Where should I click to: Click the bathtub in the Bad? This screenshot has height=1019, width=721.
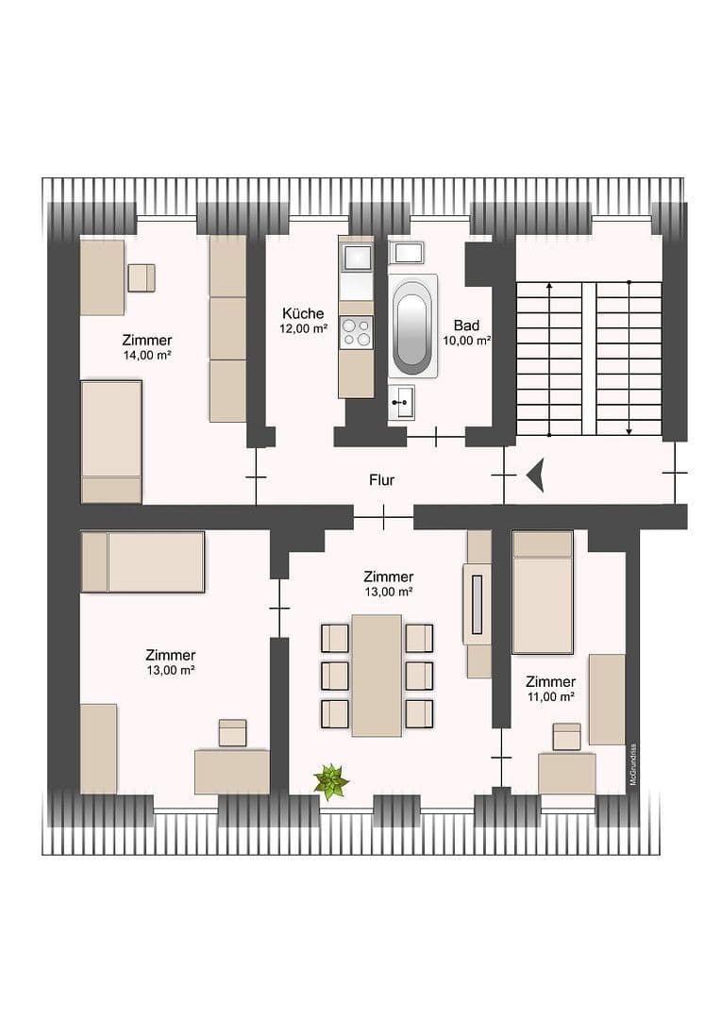(412, 326)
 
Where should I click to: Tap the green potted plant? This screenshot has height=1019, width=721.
(330, 781)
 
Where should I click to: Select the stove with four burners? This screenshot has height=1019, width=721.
(356, 332)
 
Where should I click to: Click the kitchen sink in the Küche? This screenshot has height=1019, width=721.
(356, 257)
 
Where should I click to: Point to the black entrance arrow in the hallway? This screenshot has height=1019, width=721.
(536, 475)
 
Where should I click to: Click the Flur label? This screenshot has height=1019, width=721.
(381, 480)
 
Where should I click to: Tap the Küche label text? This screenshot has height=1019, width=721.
(303, 314)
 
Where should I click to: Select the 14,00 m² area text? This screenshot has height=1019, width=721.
(146, 355)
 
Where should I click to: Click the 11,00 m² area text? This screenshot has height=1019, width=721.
(551, 697)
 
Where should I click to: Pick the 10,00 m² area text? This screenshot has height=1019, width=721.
(466, 341)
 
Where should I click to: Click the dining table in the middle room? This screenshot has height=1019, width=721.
(377, 675)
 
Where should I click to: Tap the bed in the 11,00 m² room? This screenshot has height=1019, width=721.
(543, 593)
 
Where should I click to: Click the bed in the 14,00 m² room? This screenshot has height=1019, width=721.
(111, 441)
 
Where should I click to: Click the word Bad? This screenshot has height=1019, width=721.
(466, 326)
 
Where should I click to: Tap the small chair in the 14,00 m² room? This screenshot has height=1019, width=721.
(141, 277)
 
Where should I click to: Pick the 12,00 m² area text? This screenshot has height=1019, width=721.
(303, 329)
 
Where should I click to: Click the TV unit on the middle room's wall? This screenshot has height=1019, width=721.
(478, 604)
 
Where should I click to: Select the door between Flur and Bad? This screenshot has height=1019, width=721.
(435, 437)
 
